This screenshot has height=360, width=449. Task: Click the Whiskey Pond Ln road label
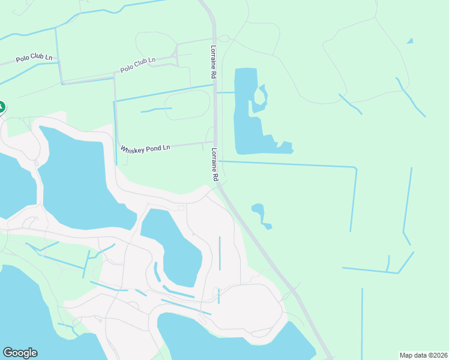click(x=145, y=148)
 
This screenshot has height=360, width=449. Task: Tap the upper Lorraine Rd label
click(x=213, y=62)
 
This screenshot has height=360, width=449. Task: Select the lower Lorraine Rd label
click(x=214, y=166)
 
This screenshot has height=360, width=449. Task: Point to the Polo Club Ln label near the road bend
click(x=137, y=64)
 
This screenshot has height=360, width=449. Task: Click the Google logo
click(x=20, y=353)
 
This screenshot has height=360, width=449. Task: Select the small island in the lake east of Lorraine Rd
click(x=261, y=94)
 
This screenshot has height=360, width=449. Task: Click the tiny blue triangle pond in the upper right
click(x=410, y=41)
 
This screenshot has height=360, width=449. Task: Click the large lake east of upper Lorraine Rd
click(x=245, y=114)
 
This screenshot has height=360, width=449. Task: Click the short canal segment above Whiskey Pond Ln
click(x=156, y=110)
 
